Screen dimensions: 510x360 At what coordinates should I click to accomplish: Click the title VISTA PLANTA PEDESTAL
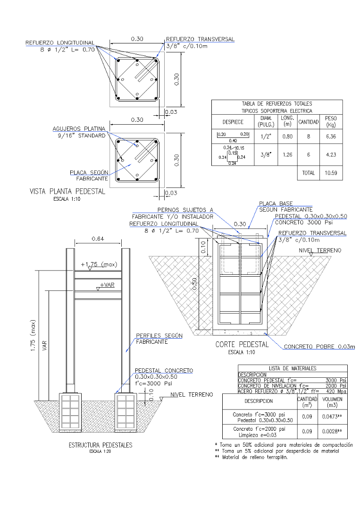click(67, 192)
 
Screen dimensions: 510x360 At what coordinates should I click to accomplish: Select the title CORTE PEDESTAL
click(242, 344)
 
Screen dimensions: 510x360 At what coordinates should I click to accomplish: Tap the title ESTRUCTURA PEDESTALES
click(100, 445)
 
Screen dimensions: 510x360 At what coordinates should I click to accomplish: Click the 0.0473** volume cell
click(332, 416)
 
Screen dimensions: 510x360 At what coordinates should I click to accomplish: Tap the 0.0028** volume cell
click(332, 432)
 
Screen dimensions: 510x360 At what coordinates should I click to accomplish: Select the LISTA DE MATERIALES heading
click(293, 368)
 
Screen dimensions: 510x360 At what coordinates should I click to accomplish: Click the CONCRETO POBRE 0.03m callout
click(319, 347)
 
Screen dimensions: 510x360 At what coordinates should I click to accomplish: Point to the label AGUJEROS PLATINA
click(78, 128)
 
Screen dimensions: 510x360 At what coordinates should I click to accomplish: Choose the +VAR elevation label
click(108, 285)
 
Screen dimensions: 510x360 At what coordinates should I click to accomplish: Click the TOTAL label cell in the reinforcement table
click(308, 173)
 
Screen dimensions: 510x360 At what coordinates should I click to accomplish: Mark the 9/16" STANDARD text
click(81, 136)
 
